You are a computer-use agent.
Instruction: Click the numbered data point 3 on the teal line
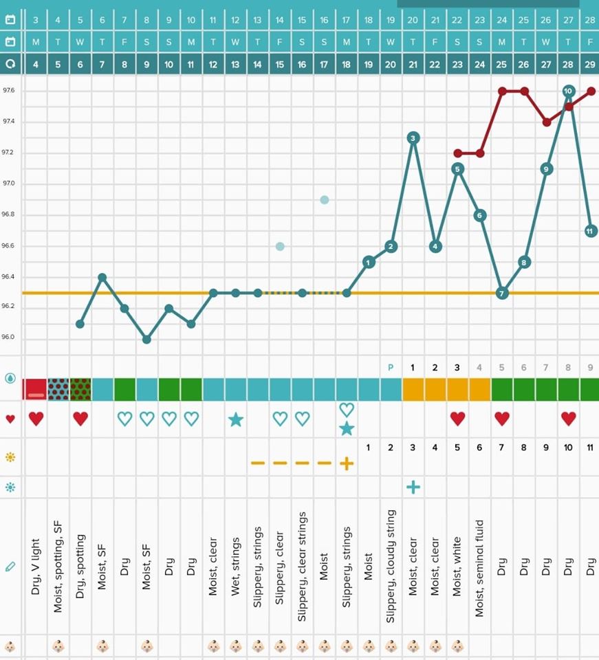coord(413,138)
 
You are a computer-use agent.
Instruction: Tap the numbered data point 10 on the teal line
coord(568,91)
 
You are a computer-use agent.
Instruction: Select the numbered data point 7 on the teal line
coord(502,293)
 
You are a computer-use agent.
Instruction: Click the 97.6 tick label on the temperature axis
coord(9,91)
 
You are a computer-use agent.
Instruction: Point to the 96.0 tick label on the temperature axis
coord(9,338)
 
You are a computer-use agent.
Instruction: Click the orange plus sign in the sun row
coord(347,463)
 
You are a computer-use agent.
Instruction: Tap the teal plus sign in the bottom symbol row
coord(413,487)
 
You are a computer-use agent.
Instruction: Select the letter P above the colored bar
coord(391,367)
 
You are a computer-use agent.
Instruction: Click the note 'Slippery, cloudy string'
coord(391,566)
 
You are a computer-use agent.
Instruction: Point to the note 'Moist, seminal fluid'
coord(479,568)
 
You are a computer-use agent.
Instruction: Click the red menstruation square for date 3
coord(35,389)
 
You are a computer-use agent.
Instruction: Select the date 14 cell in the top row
coord(280,19)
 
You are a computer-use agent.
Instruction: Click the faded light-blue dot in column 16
coord(324,200)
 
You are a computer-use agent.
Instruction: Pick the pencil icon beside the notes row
coord(10,566)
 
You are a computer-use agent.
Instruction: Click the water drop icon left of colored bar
coord(10,377)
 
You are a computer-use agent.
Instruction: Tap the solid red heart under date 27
coord(568,418)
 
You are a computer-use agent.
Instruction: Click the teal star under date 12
coord(235,419)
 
